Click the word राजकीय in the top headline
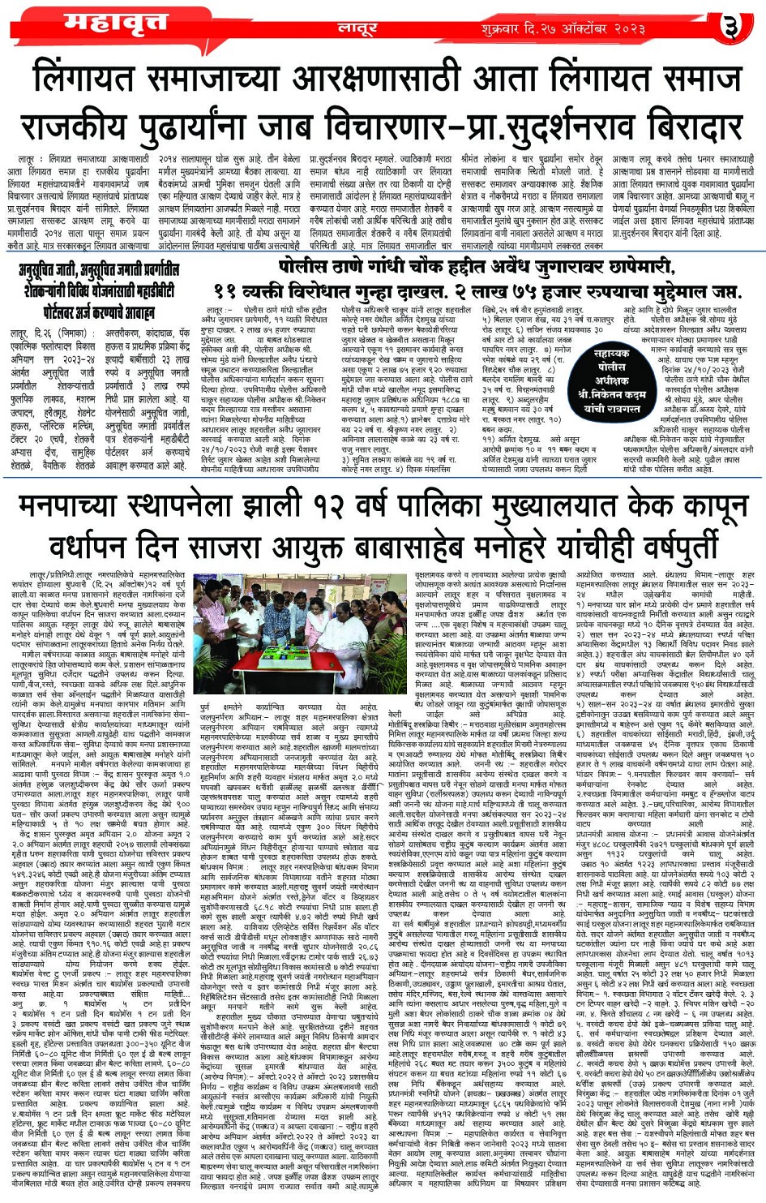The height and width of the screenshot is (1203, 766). [84, 128]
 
